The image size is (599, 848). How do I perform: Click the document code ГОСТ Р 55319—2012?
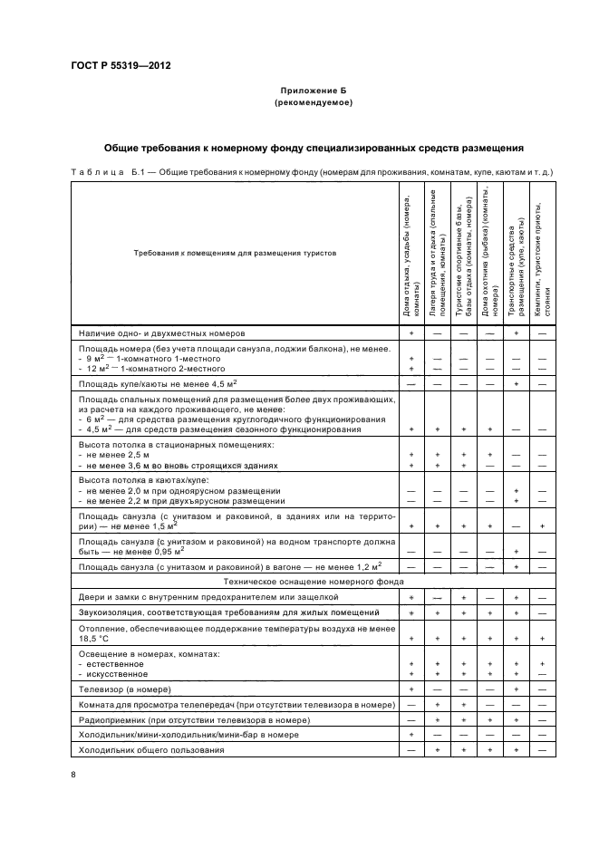point(120,66)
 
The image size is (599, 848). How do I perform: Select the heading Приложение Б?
point(313,92)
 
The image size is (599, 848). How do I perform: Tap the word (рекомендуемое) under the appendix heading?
point(313,103)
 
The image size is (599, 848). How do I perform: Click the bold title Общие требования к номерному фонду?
point(313,148)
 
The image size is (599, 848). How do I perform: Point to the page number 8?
point(73,774)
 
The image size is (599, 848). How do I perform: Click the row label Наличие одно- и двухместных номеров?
point(150,333)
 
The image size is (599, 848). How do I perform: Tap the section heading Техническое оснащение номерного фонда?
point(313,583)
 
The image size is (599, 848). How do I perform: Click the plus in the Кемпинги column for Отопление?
point(542,638)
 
